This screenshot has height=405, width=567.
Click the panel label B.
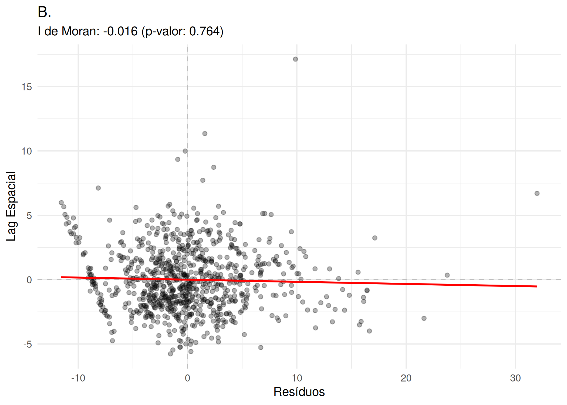(x=44, y=12)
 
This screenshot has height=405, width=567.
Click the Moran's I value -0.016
(x=120, y=31)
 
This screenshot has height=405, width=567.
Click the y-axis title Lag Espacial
(x=11, y=206)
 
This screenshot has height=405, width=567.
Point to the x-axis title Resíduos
(x=299, y=392)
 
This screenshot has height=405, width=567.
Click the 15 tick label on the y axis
(x=27, y=87)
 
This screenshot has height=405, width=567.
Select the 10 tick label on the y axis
(x=27, y=151)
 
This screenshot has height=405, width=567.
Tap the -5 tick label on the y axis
(x=28, y=345)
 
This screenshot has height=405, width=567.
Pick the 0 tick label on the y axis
(x=29, y=280)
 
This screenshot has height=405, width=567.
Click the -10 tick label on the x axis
(x=78, y=378)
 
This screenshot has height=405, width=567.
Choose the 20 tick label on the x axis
(x=406, y=378)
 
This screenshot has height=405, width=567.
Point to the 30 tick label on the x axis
(x=515, y=378)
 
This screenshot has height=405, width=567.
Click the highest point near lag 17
(x=295, y=59)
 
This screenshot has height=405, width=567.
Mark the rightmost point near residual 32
(x=537, y=193)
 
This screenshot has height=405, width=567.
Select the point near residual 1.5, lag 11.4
(x=205, y=134)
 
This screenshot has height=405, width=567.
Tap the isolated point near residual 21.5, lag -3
(x=424, y=318)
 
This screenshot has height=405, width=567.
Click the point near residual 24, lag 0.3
(x=447, y=275)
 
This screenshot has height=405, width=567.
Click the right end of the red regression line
(x=536, y=286)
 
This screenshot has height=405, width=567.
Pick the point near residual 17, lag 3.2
(x=375, y=238)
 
